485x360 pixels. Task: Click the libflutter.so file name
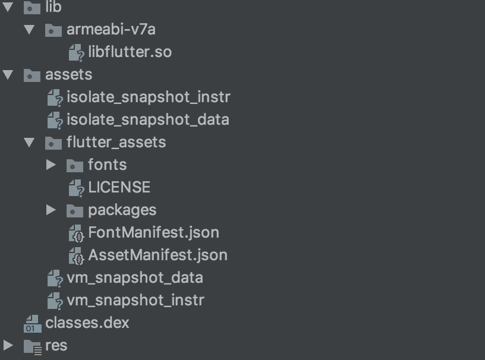click(130, 52)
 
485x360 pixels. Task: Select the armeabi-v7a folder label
click(111, 30)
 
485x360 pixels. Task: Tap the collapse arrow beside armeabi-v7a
click(29, 29)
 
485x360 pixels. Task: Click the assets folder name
click(68, 75)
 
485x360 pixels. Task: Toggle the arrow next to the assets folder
click(8, 75)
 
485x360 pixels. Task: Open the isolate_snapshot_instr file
click(148, 97)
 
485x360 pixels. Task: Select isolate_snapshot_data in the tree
click(147, 119)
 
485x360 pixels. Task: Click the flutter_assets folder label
click(116, 143)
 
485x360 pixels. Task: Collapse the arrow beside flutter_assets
click(29, 143)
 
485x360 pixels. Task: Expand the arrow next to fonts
click(51, 165)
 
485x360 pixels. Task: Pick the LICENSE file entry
click(119, 188)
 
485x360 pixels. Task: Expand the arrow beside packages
click(51, 210)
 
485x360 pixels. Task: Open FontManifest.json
click(153, 232)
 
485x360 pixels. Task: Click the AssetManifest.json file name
click(158, 255)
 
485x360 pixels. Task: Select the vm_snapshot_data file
click(134, 277)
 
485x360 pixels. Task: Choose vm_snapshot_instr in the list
click(135, 300)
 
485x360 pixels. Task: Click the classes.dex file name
click(87, 323)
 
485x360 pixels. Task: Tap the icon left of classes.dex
click(32, 323)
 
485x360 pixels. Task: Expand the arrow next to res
click(8, 345)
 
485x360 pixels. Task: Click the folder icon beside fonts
click(74, 165)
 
